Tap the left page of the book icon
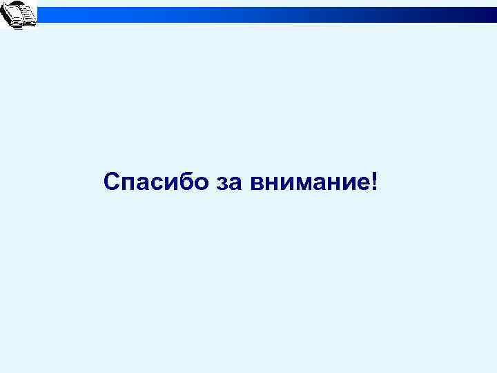point(13,15)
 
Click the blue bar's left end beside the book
point(43,14)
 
